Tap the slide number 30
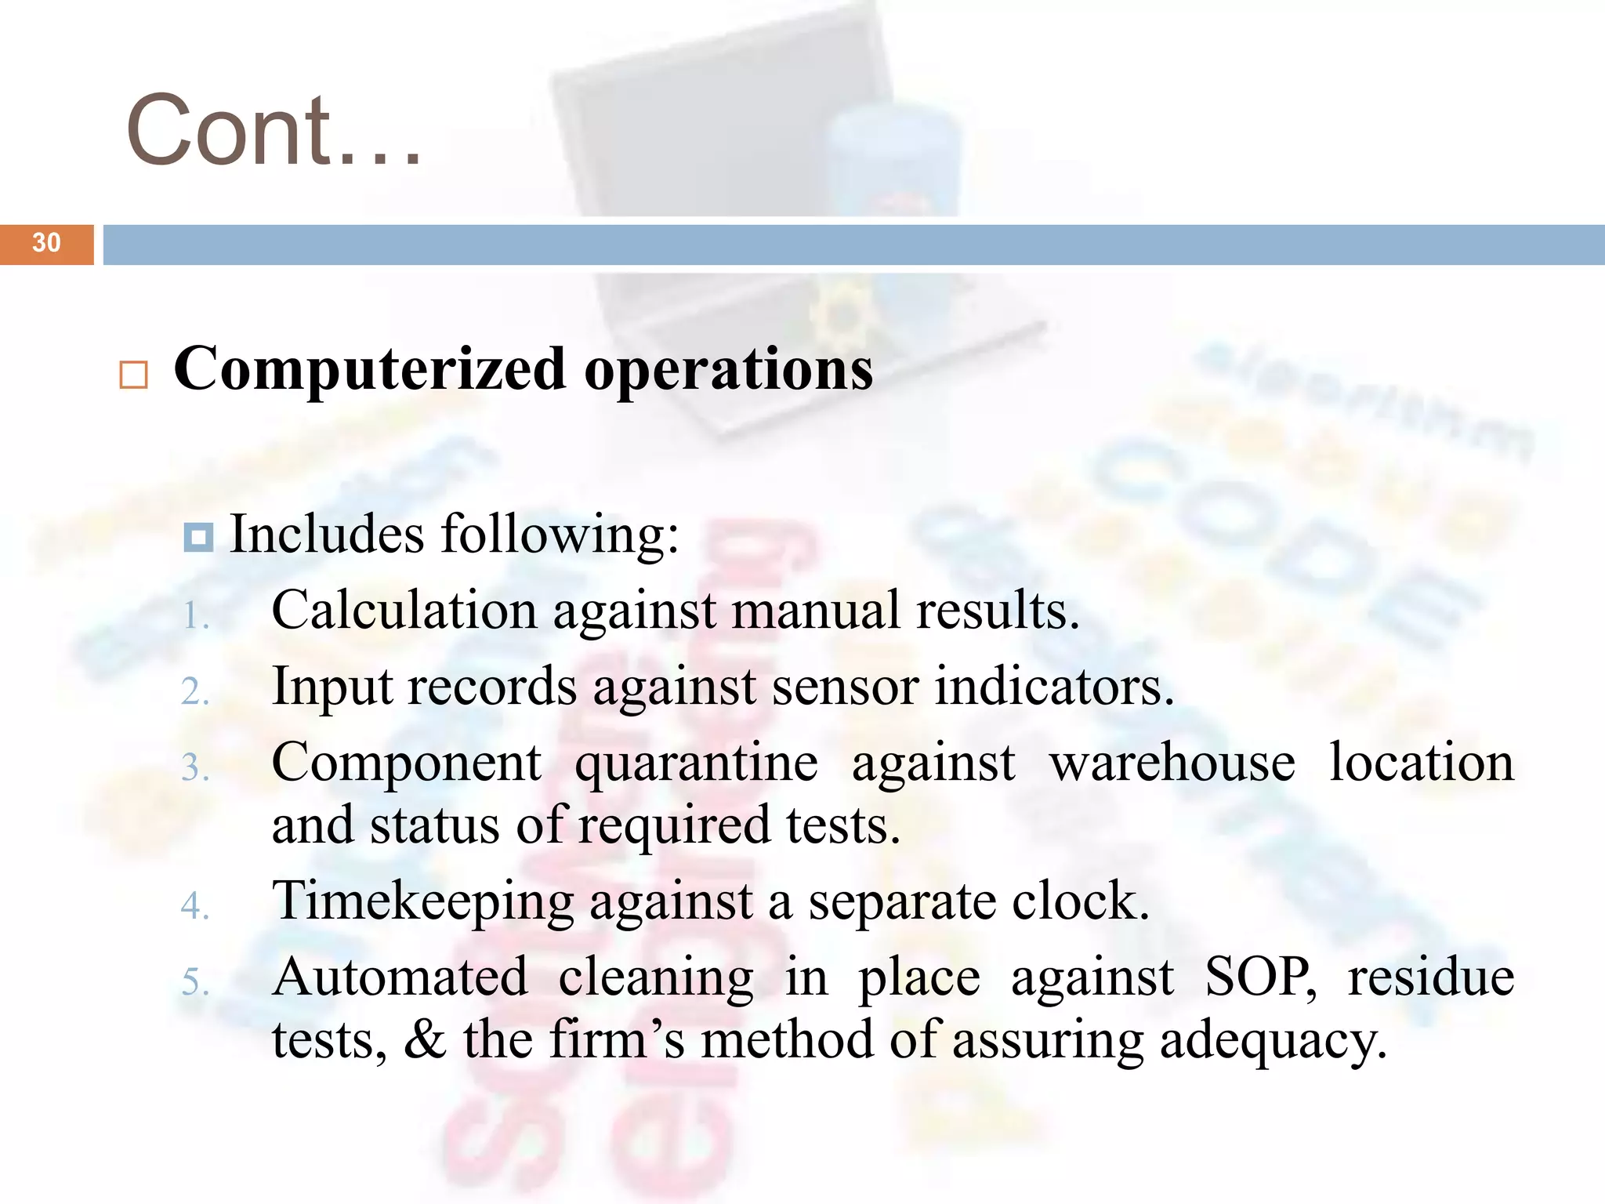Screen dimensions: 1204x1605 [46, 243]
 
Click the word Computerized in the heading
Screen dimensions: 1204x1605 [369, 369]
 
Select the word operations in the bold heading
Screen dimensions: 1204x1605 [729, 369]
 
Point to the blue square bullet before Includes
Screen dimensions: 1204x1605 [198, 538]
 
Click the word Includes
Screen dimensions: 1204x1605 [327, 534]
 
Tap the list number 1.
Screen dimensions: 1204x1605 [194, 616]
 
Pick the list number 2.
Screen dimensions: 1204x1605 [194, 692]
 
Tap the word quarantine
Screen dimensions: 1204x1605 [697, 763]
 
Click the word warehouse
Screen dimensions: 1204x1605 [1172, 763]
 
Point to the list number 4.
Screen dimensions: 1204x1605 [194, 906]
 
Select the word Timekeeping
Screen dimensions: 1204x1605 [423, 901]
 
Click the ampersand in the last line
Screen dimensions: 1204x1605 [426, 1039]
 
